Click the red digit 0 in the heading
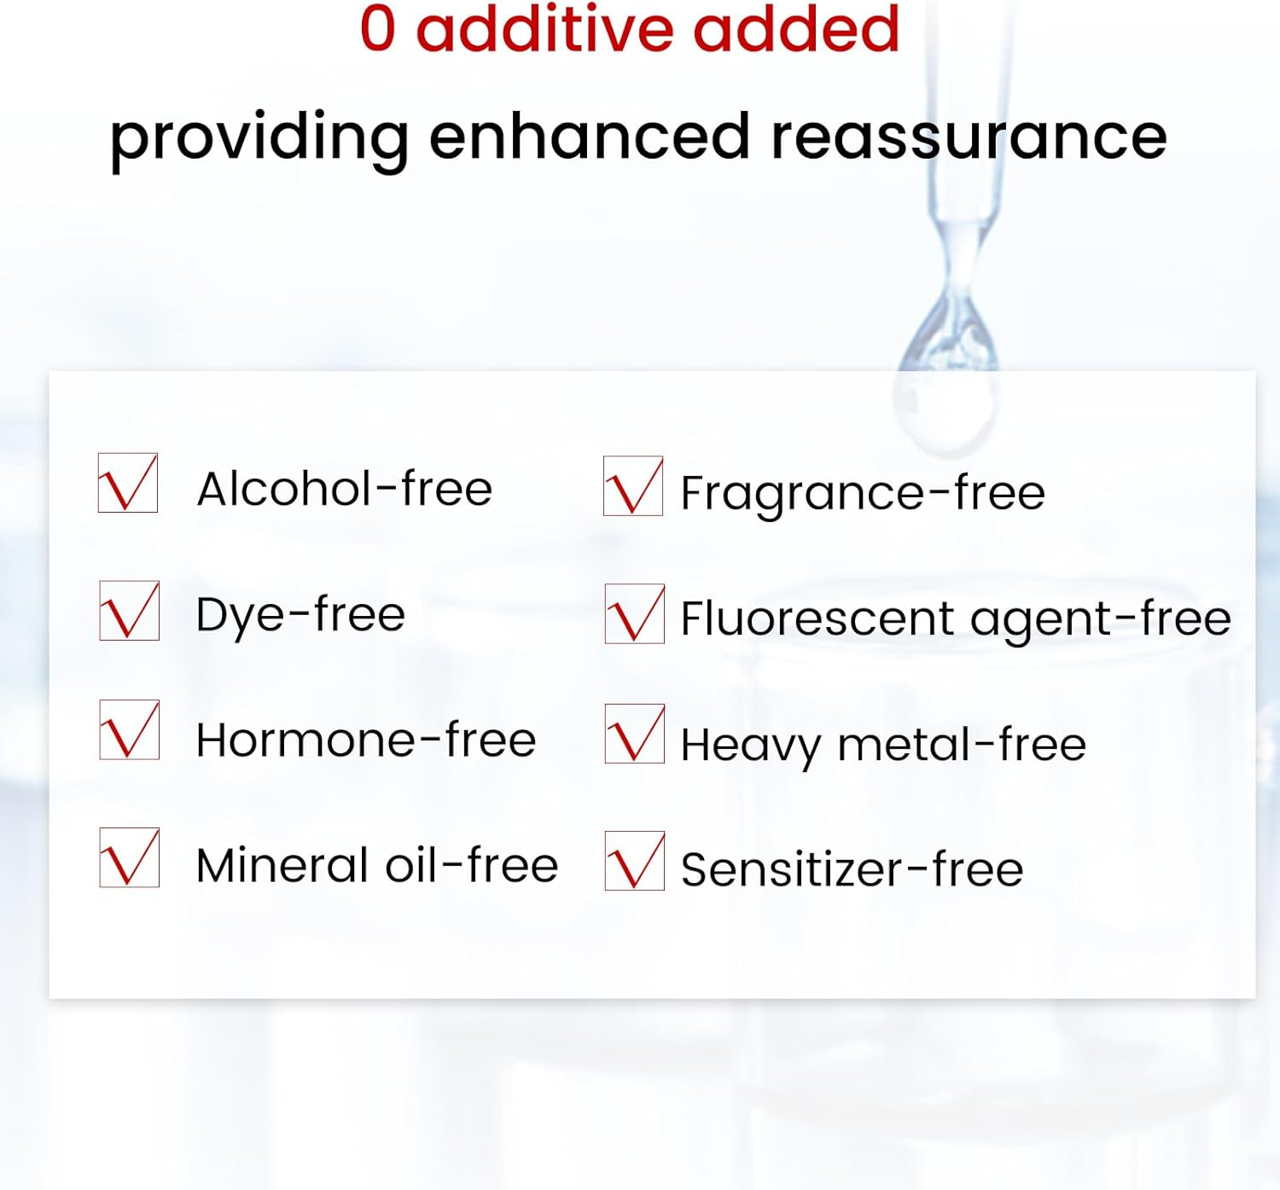pos(377,28)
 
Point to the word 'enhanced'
pos(590,136)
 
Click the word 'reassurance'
pos(969,138)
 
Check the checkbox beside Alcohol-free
pos(128,483)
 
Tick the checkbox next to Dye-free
pos(129,610)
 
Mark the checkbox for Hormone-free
pos(129,729)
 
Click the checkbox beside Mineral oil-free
pos(129,857)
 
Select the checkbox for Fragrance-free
pos(633,485)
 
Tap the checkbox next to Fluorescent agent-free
pos(634,613)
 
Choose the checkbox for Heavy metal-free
pos(634,734)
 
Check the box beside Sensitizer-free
pos(634,861)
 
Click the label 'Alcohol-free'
pos(345,489)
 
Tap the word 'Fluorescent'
pos(817,618)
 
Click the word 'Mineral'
pos(282,865)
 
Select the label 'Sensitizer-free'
pos(852,869)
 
